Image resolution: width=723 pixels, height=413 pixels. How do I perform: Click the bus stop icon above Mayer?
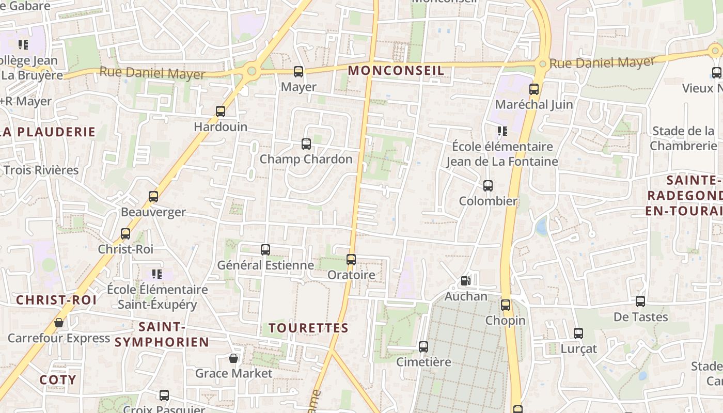298,72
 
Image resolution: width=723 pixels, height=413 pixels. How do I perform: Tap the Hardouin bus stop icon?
221,112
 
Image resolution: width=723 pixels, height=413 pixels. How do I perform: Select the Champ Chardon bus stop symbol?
306,144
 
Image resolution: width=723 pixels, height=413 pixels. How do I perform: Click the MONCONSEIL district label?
396,71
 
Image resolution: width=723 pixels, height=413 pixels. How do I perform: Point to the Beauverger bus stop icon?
153,197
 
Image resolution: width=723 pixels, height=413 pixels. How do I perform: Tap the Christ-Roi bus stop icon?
125,234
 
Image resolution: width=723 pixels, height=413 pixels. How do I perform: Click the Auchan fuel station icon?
465,281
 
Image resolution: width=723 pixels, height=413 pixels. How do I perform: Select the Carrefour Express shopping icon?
59,323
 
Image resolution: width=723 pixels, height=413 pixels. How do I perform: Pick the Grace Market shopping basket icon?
233,358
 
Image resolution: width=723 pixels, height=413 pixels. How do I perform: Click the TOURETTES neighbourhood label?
309,328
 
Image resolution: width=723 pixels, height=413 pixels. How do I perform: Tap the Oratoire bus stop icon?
351,260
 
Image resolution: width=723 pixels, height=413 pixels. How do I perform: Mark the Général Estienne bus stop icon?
265,250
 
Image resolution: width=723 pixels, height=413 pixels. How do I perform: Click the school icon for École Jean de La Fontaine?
502,131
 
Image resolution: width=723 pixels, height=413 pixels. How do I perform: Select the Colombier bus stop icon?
488,186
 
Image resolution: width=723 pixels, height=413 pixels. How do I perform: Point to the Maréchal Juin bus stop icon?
534,89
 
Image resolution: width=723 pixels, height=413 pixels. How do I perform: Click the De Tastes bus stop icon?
640,301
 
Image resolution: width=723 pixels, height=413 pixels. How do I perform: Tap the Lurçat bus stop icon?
578,333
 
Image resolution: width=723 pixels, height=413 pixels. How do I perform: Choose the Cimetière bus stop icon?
423,347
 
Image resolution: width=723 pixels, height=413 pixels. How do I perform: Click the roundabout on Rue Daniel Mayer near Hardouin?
252,71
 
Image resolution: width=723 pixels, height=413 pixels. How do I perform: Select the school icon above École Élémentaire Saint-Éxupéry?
157,274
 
